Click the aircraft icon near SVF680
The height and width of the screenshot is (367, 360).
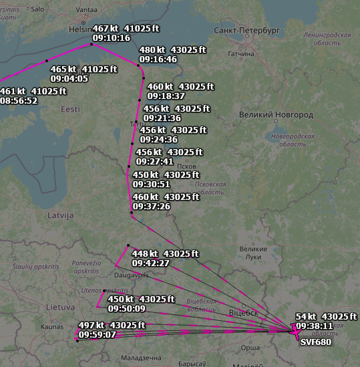[x=294, y=329]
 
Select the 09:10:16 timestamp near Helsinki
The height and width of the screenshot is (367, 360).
[x=112, y=39]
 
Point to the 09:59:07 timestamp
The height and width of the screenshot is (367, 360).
[x=98, y=334]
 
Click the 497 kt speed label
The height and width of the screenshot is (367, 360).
[x=91, y=325]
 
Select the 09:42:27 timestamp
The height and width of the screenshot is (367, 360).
[x=151, y=263]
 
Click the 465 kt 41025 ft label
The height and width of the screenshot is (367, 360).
[x=83, y=69]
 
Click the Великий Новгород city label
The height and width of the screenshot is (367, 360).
[x=275, y=115]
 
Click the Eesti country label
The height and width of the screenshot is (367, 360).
[x=70, y=108]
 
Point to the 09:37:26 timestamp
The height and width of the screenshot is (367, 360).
[x=152, y=207]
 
